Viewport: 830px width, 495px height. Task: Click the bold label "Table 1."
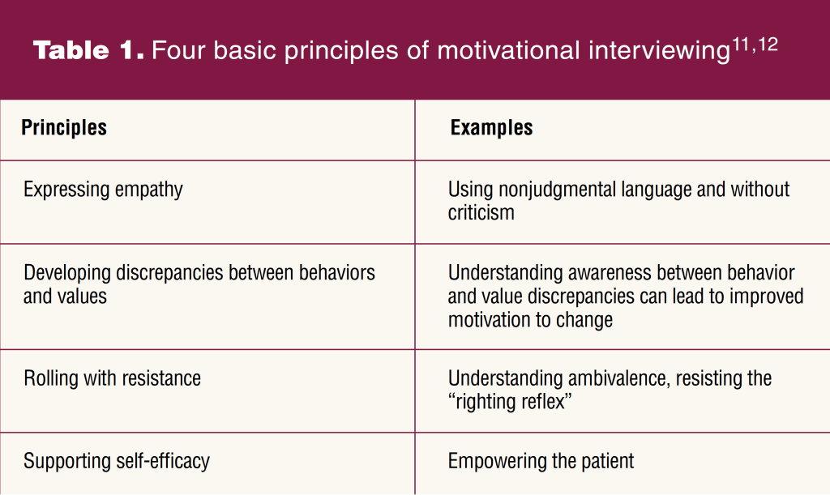click(88, 50)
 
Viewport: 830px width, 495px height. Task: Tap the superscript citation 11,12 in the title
click(755, 45)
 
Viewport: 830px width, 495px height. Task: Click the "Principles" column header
click(64, 128)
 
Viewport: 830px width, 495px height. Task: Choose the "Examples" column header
click(492, 128)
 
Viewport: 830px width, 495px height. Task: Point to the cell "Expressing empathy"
click(103, 190)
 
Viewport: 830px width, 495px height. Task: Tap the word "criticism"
click(481, 212)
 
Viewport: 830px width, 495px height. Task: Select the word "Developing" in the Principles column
click(67, 273)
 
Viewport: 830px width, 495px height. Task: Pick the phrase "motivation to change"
click(530, 320)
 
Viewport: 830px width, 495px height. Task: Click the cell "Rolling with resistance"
click(112, 378)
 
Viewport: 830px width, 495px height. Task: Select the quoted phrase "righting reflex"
click(510, 401)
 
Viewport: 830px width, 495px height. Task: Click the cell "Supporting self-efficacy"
click(117, 461)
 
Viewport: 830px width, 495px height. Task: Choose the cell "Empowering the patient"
click(541, 461)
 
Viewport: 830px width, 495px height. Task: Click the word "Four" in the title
click(178, 51)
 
